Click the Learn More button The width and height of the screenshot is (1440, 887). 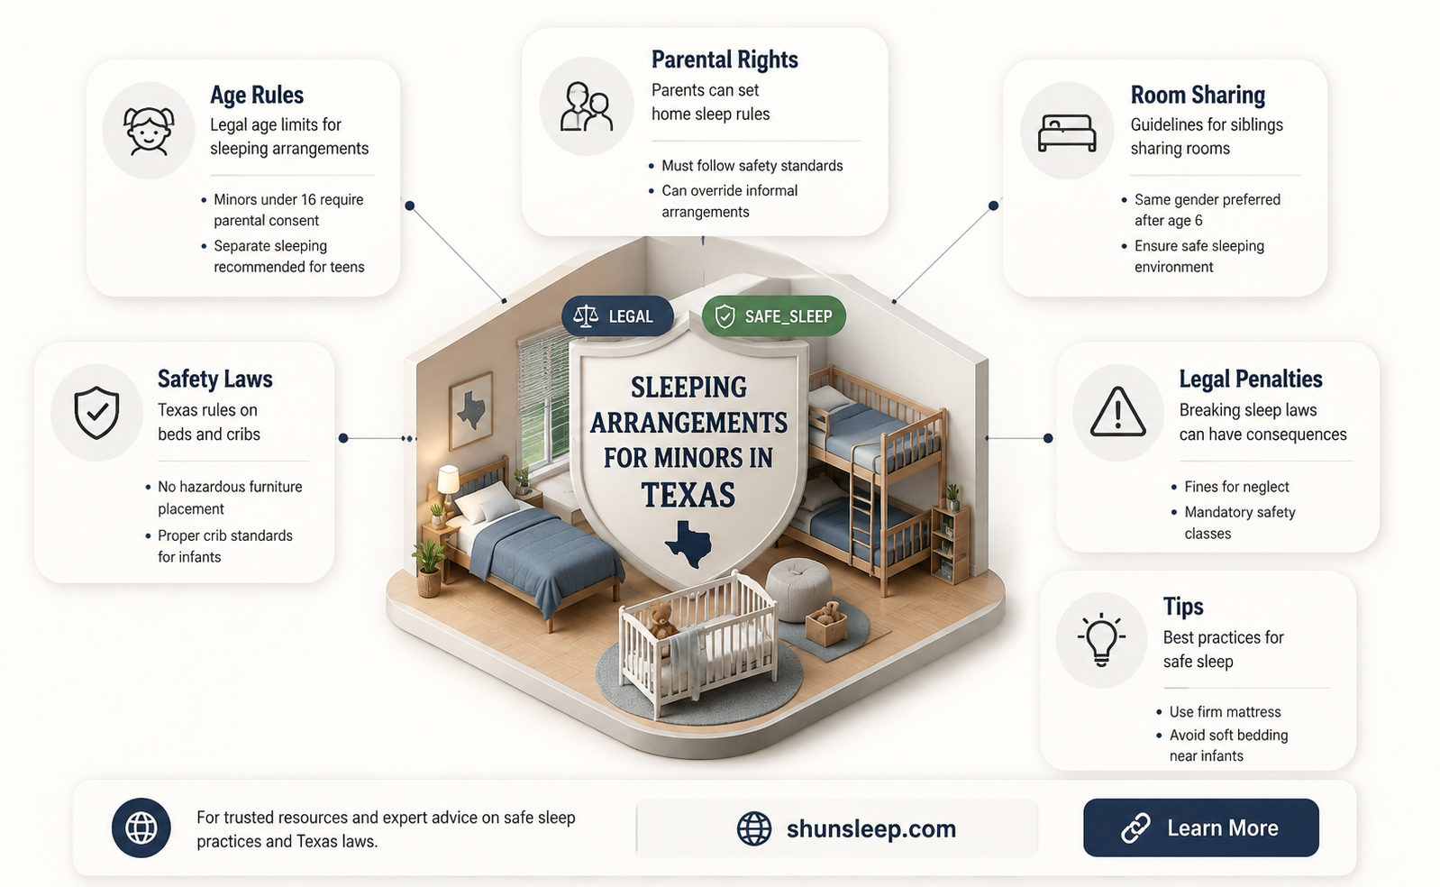[1201, 828]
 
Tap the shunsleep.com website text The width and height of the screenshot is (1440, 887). [871, 828]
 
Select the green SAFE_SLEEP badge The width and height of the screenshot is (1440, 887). [774, 315]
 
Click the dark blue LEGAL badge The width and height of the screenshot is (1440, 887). [617, 315]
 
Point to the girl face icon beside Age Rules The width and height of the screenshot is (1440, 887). [149, 131]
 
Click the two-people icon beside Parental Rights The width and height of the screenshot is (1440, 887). [586, 106]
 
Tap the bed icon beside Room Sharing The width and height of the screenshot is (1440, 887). [1067, 133]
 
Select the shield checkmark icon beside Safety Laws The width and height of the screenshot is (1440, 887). [96, 412]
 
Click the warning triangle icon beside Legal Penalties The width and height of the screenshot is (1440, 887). [1118, 412]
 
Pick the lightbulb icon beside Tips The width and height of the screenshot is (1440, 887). [1101, 639]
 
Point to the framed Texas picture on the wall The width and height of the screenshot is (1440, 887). [471, 410]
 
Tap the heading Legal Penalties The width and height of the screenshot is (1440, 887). [1251, 379]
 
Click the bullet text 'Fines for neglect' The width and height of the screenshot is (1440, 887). [1237, 487]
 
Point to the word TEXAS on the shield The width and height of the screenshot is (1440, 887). [688, 495]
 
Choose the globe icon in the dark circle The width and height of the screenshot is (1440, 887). [141, 828]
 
